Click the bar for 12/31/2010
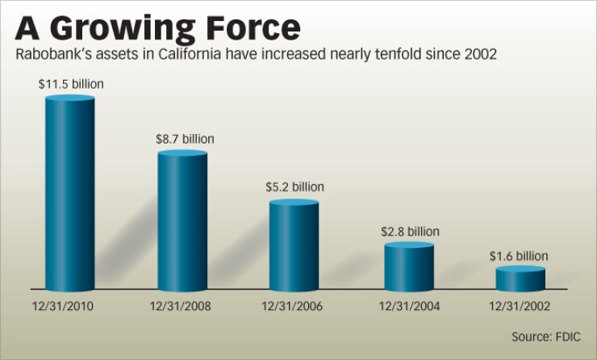pos(69,194)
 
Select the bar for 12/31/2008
pos(182,221)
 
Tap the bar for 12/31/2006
pos(294,245)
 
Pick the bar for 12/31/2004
pos(409,267)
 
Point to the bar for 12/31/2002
pos(520,279)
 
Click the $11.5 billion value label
pos(71,84)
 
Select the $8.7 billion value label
pos(185,139)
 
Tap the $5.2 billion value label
pos(294,187)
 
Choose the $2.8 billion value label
pos(410,232)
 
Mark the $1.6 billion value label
pos(519,256)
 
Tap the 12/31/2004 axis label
pos(409,306)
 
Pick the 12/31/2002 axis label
pos(520,306)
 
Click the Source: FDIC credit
pos(546,336)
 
